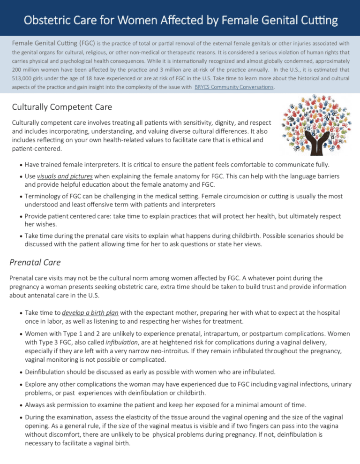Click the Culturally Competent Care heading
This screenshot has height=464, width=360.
point(62,107)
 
